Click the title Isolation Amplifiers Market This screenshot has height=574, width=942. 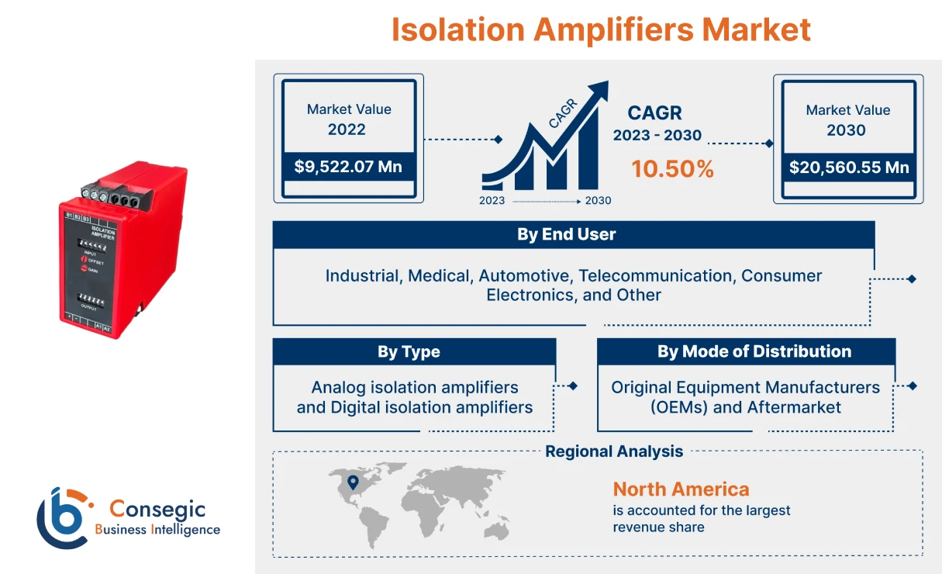(601, 29)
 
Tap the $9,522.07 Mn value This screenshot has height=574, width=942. (348, 167)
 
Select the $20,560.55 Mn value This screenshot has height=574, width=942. (848, 167)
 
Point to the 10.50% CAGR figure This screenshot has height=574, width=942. (672, 169)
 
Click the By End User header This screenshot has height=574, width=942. (566, 235)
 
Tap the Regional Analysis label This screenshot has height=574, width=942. (614, 451)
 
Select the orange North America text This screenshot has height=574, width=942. (681, 489)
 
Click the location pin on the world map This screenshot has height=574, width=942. (354, 482)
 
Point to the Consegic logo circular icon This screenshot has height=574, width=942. (62, 517)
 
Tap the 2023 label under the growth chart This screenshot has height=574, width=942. (492, 201)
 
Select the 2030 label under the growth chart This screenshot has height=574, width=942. (598, 201)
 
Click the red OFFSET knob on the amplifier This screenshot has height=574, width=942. (85, 262)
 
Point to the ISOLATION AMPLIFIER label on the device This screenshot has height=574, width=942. (103, 233)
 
